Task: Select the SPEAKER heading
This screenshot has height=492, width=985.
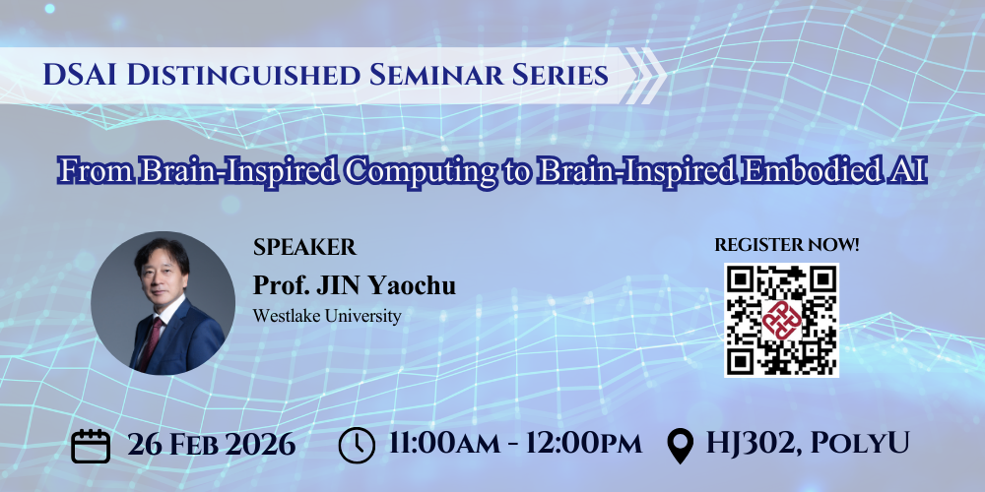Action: [304, 247]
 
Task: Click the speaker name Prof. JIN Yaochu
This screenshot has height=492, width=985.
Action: [355, 286]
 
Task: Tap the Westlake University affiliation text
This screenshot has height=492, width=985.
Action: [328, 317]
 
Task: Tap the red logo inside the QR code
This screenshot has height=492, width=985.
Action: [781, 320]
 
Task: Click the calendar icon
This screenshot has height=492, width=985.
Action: [91, 445]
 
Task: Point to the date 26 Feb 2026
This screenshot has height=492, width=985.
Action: [211, 444]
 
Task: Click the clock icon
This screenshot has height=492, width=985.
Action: [357, 445]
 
